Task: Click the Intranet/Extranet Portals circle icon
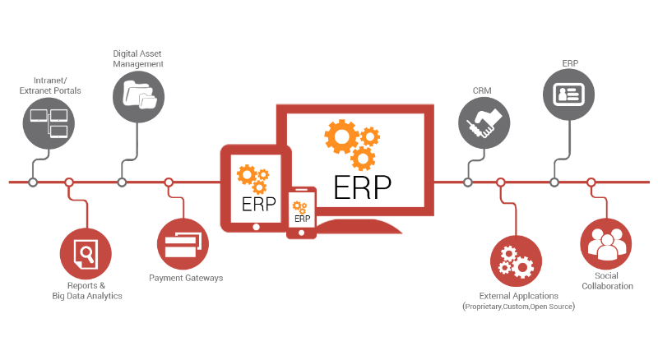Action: click(x=47, y=123)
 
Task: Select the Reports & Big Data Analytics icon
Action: click(x=85, y=252)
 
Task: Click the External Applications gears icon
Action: click(x=517, y=259)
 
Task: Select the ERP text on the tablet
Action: click(x=254, y=201)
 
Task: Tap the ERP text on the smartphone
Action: click(x=302, y=219)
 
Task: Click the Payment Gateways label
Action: click(x=186, y=278)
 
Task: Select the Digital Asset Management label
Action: click(x=138, y=58)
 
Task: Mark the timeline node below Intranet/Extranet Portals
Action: click(x=33, y=182)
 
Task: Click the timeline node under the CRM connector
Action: click(x=468, y=182)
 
